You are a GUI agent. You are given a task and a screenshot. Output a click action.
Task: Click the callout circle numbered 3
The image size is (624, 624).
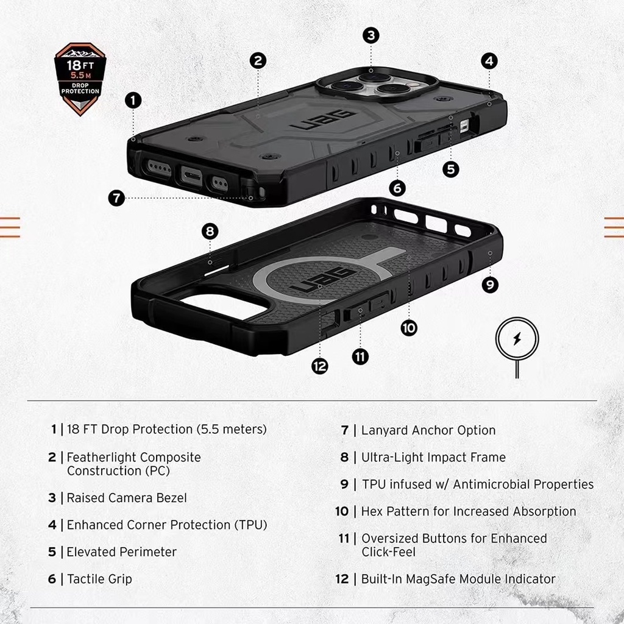pyautogui.click(x=371, y=35)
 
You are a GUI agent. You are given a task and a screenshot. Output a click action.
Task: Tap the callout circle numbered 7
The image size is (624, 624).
pyautogui.click(x=116, y=198)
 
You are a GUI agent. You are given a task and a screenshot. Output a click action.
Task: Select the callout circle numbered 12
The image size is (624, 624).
pyautogui.click(x=319, y=366)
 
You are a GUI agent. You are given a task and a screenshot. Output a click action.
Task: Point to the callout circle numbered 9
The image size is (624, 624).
pyautogui.click(x=489, y=284)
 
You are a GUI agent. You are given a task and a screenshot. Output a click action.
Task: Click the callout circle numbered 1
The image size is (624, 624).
pyautogui.click(x=133, y=100)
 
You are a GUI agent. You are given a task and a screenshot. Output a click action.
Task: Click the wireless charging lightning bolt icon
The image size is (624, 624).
pyautogui.click(x=517, y=339)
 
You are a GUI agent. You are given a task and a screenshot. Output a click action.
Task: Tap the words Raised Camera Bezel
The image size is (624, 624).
pyautogui.click(x=127, y=498)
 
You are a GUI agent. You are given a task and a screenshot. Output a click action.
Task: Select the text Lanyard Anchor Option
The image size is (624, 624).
pyautogui.click(x=428, y=430)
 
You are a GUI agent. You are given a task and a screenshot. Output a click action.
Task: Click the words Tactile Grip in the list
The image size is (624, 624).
pyautogui.click(x=99, y=579)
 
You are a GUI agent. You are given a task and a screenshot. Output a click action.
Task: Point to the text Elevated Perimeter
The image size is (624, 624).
pyautogui.click(x=121, y=552)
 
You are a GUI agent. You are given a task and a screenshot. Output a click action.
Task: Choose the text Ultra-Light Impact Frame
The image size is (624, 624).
pyautogui.click(x=433, y=457)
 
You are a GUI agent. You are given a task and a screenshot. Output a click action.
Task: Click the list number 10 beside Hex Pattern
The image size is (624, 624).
pyautogui.click(x=341, y=511)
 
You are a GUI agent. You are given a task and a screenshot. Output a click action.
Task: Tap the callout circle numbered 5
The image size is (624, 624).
pyautogui.click(x=451, y=169)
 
